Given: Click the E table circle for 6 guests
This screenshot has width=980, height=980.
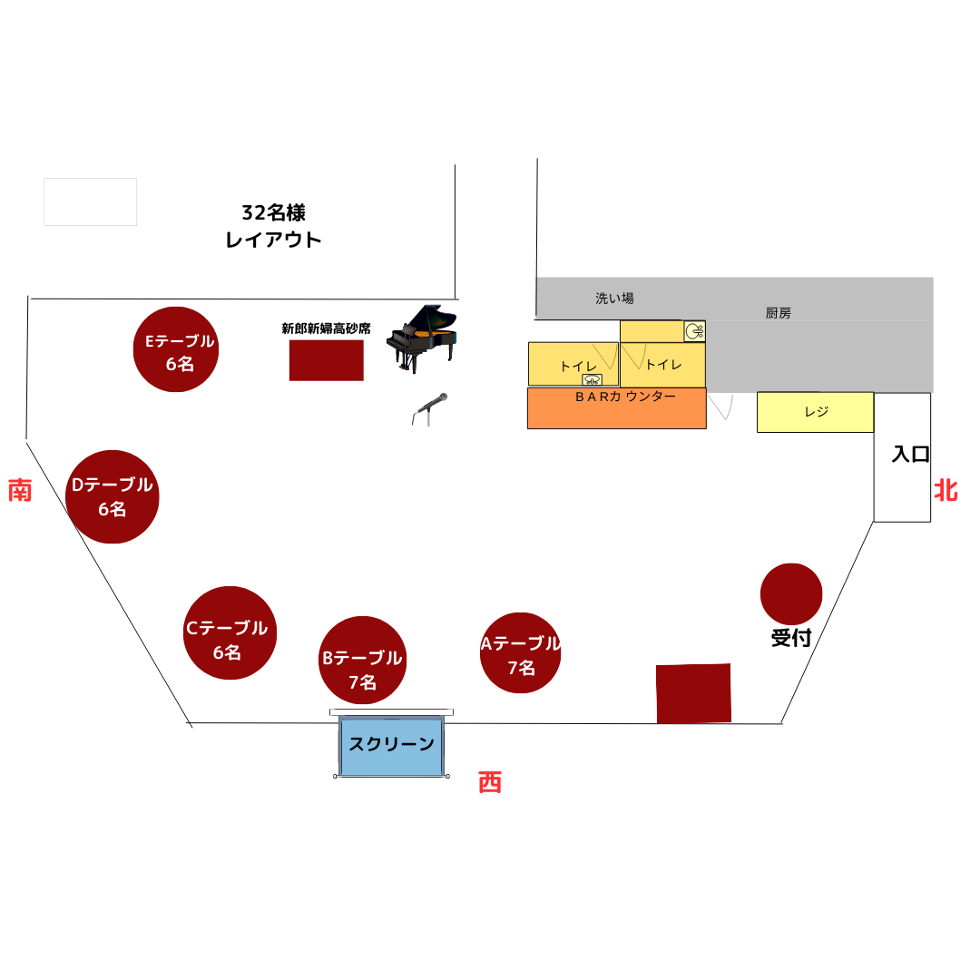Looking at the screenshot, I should (x=176, y=349).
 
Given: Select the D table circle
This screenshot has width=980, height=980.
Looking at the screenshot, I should (x=113, y=496).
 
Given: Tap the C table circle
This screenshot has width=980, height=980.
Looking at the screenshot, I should (x=230, y=633).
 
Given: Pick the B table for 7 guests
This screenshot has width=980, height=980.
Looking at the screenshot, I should (x=363, y=661).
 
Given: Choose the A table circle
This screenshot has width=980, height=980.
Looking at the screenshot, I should (x=521, y=653).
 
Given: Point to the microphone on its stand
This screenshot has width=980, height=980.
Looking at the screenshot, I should (x=429, y=408).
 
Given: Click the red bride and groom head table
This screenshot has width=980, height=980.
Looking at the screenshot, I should (x=326, y=360).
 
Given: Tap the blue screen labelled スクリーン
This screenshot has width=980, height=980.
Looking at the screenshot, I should (x=391, y=746).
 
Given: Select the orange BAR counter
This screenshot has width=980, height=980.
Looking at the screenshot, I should (x=616, y=408).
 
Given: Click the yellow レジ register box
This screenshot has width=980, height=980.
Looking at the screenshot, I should (x=815, y=412).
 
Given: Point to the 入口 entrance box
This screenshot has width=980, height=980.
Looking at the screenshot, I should (x=902, y=456).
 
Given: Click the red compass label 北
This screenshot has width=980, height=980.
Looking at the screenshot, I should (x=946, y=491).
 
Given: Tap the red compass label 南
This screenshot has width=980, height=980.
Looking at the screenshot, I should (x=20, y=491).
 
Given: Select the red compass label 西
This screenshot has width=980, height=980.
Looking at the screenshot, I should (x=490, y=782).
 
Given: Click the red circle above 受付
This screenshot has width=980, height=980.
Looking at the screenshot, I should (x=791, y=594).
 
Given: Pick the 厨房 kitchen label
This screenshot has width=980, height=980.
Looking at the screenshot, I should (x=778, y=313).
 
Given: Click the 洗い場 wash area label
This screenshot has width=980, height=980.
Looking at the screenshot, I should (x=614, y=298).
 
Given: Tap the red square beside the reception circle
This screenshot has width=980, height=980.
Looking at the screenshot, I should (x=693, y=693).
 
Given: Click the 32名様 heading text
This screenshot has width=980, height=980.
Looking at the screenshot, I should (x=273, y=213).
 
